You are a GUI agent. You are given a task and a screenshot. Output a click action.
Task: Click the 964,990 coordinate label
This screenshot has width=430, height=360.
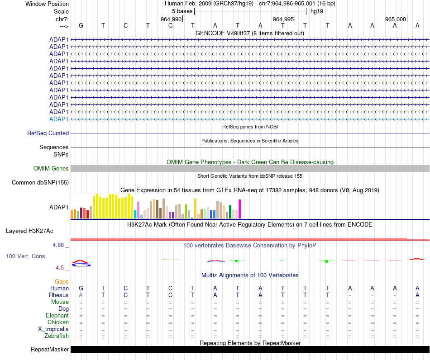coord(171,19)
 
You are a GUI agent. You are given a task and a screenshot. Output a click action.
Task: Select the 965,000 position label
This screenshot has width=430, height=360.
coord(395,19)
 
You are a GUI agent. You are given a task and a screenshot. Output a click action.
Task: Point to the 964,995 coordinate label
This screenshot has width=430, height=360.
coord(283,19)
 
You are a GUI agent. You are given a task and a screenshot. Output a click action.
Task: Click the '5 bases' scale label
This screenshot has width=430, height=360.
coord(182,11)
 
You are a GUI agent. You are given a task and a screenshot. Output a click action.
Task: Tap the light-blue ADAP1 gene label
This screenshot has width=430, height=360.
coord(59,119)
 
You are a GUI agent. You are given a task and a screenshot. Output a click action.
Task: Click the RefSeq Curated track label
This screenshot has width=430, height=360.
coord(48,133)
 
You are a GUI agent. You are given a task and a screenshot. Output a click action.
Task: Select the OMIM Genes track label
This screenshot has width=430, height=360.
coord(51,169)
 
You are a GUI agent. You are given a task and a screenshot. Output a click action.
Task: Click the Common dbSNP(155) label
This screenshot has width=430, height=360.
coord(40,182)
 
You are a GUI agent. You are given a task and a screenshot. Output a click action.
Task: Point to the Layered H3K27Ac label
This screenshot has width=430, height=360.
coord(29,231)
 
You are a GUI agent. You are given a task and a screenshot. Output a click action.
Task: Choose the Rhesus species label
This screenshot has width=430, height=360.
coord(59,295)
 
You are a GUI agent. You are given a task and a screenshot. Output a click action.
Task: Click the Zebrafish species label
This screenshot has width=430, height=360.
coord(57,336)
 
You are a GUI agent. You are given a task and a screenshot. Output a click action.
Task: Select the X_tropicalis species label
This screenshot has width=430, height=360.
coord(53,329)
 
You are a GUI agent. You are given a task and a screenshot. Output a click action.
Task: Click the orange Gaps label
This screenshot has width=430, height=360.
coord(62,282)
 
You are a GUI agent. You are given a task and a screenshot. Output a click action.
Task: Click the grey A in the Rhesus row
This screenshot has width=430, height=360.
coord(81,295)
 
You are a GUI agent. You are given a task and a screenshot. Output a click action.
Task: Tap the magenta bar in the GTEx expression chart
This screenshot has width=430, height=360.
coord(240,209)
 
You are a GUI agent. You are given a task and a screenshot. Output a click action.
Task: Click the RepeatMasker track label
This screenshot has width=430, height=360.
coord(50,349)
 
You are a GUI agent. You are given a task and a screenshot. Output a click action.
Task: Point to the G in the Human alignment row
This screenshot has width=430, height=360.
coord(81,288)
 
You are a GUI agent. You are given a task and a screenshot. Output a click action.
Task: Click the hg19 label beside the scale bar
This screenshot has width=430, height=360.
coord(317,11)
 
